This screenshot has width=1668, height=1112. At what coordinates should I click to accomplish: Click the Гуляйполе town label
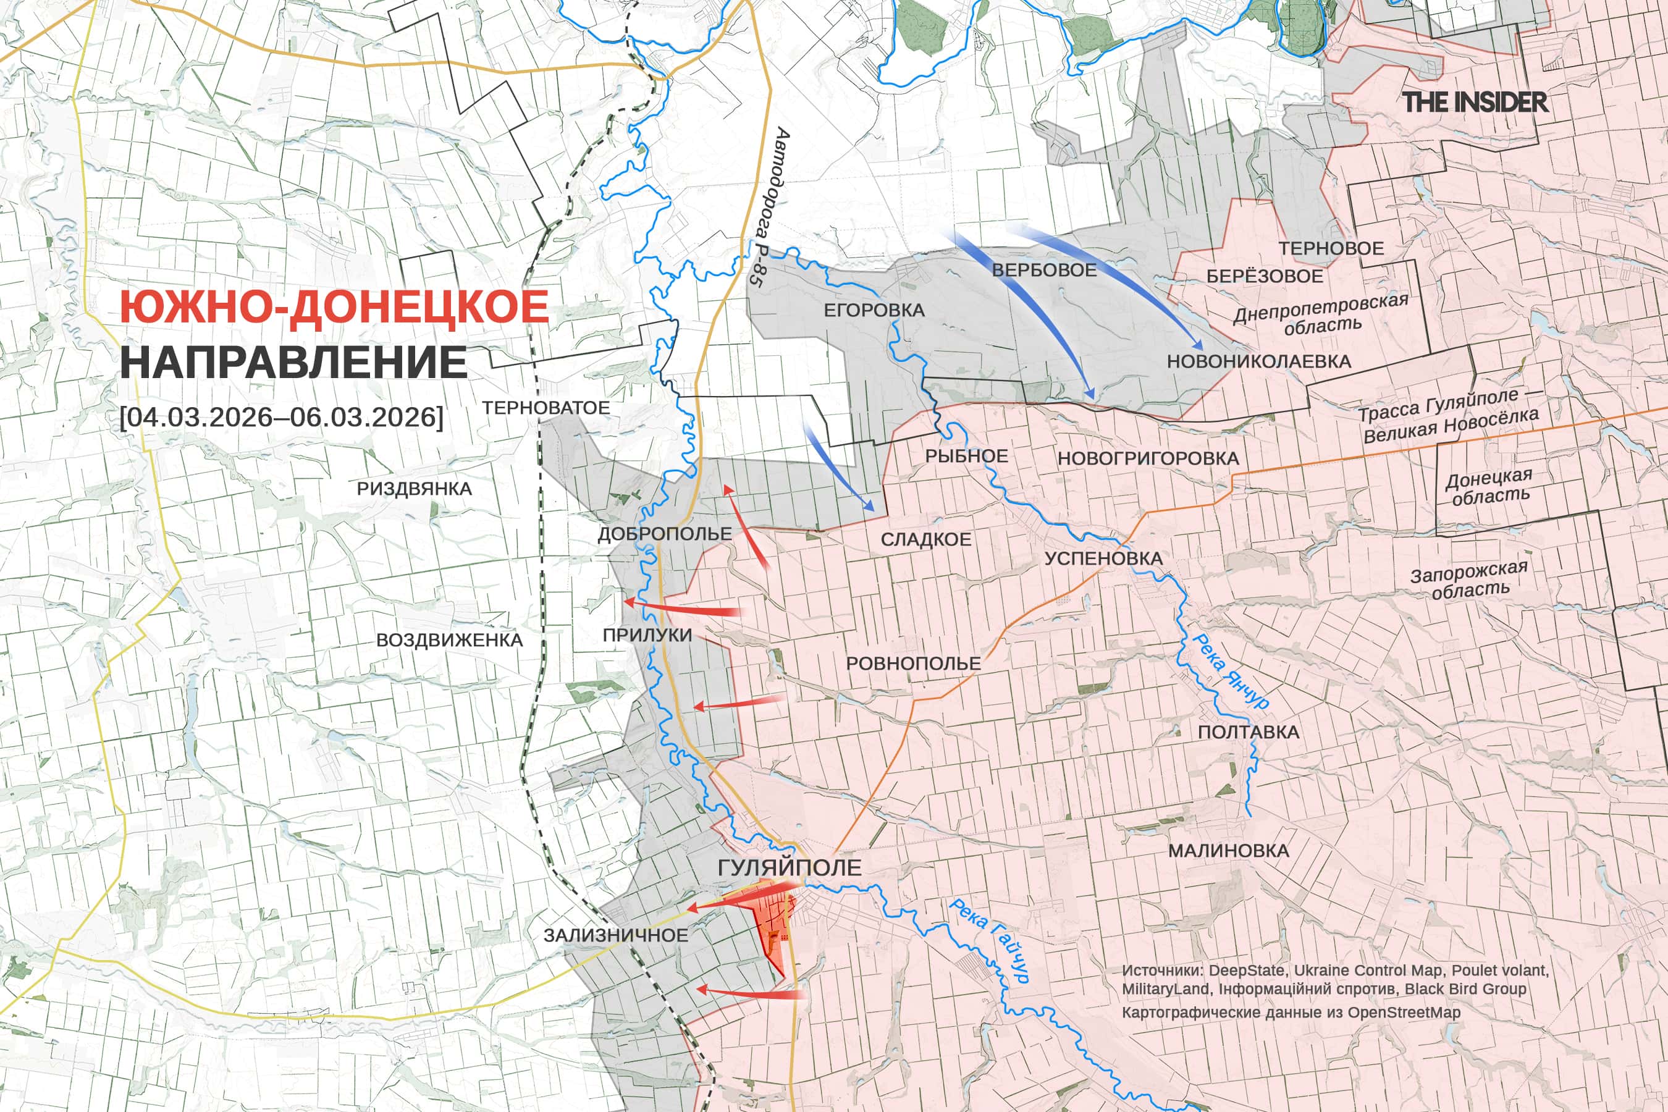(789, 867)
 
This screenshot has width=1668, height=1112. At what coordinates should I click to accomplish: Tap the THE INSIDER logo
(1475, 102)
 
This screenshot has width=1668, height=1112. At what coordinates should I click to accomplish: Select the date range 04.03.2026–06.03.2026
(282, 416)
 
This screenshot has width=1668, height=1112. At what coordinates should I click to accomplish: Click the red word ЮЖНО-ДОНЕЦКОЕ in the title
(334, 307)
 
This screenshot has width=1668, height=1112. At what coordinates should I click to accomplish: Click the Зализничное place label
(615, 935)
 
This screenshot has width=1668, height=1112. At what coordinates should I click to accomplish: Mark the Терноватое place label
(545, 408)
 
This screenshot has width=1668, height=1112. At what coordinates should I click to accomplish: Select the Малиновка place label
(1228, 850)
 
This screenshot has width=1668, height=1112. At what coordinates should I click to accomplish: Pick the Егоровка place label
(874, 311)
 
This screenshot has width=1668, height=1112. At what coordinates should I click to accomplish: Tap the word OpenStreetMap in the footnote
(1404, 1012)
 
